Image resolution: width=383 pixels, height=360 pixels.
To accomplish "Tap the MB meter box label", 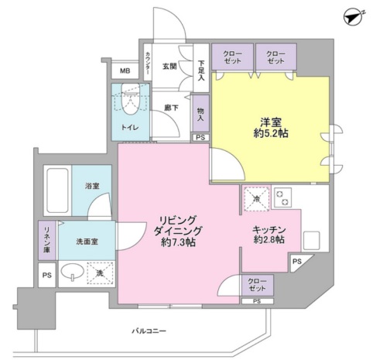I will click(x=125, y=72).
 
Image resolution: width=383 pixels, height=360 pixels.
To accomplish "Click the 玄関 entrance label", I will click(x=170, y=67).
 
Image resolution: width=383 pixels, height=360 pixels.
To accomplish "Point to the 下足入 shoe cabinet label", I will click(x=200, y=71).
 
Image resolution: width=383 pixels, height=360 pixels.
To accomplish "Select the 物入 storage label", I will click(x=200, y=114).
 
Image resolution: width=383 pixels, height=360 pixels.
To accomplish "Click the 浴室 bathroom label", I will click(x=92, y=186).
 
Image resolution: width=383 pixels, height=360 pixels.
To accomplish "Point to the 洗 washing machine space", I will click(x=99, y=274).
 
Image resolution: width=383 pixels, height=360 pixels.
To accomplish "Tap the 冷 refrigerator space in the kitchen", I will click(x=256, y=200).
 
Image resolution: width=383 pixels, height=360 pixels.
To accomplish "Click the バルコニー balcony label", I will click(x=150, y=331).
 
